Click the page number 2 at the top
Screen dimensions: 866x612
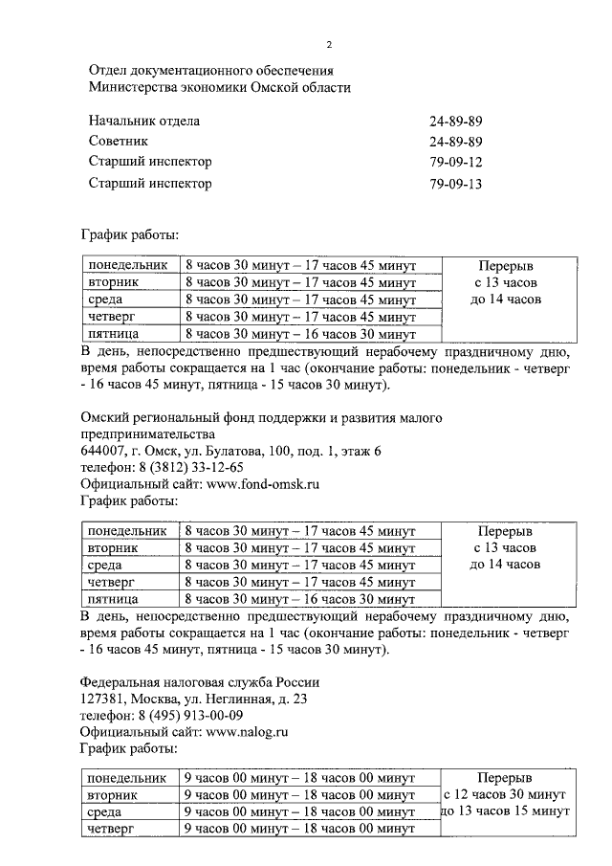point(329,44)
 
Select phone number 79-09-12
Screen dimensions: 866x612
point(457,162)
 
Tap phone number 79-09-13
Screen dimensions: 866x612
point(457,183)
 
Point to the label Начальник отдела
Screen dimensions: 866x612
point(143,122)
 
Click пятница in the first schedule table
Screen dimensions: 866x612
point(114,335)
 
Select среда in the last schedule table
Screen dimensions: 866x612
point(104,811)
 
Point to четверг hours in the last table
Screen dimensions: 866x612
point(299,829)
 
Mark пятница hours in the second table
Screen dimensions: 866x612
point(299,600)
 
